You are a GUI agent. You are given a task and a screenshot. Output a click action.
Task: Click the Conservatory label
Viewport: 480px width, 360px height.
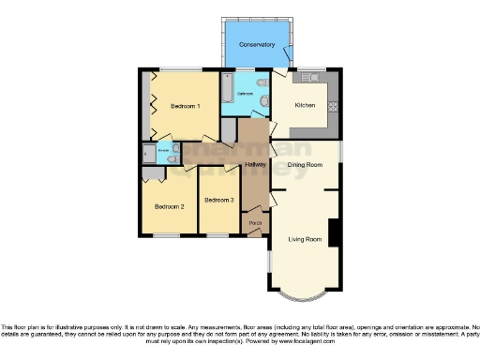(x=256, y=45)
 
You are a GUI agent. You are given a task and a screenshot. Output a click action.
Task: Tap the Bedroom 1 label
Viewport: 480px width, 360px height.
(x=185, y=107)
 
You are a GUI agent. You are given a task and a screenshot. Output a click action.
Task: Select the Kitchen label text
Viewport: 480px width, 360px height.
(x=306, y=106)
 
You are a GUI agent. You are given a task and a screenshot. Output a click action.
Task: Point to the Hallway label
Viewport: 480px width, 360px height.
(x=255, y=165)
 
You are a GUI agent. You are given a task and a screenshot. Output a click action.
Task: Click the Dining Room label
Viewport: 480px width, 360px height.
(x=306, y=165)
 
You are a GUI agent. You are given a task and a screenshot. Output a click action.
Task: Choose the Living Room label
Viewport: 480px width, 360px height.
(x=305, y=240)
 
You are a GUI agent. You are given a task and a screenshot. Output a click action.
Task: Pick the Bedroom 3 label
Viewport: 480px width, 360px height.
(x=218, y=200)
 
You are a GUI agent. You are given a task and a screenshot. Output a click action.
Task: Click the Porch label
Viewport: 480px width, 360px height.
(x=254, y=222)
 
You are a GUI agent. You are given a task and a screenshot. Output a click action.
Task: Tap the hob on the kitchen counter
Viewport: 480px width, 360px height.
(x=334, y=97)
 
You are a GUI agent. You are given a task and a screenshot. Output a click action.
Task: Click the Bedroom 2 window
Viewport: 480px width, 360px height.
(x=168, y=235)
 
